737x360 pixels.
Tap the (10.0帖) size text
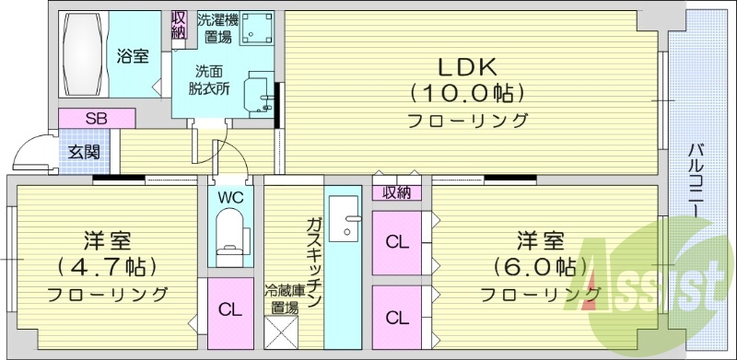(467, 93)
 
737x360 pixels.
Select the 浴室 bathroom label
(133, 57)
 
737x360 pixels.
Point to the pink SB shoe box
(96, 118)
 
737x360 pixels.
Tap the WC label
(230, 196)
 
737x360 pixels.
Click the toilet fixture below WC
(228, 231)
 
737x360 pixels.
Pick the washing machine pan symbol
(259, 29)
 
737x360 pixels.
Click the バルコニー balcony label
(697, 180)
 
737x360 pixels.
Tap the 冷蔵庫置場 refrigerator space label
(282, 299)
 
